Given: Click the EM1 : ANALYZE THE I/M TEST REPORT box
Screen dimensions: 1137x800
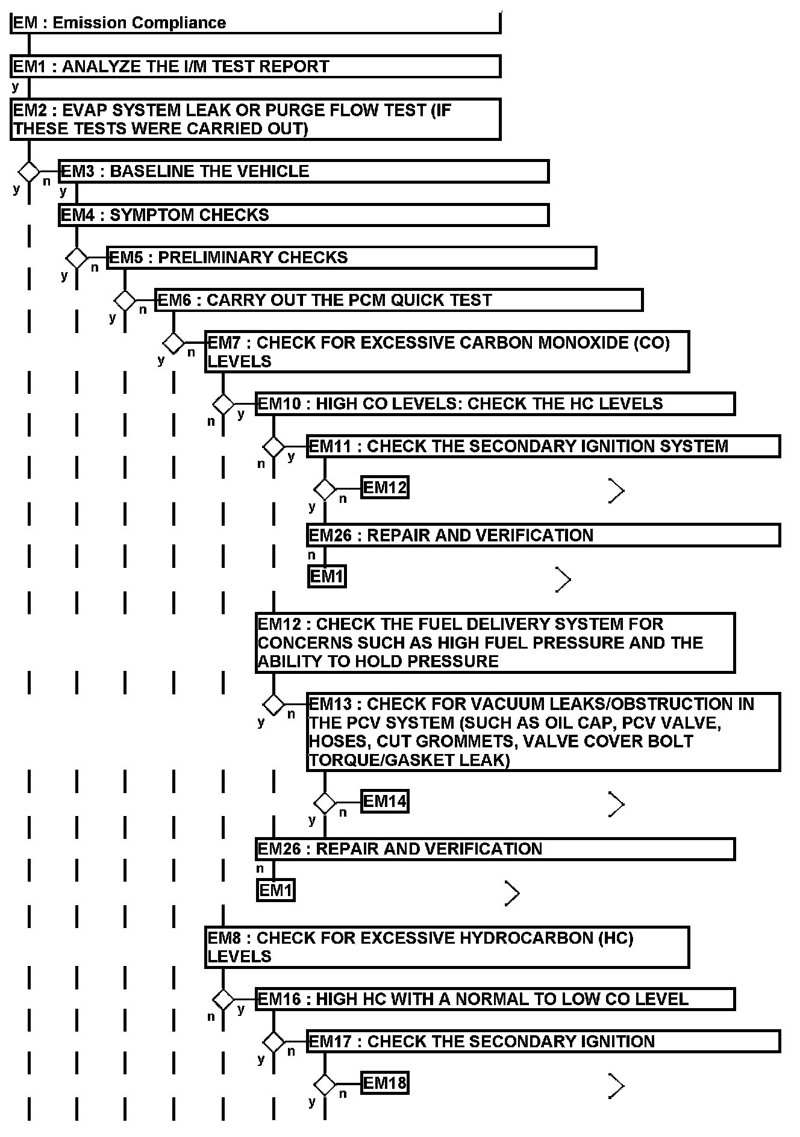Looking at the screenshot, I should pos(255,66).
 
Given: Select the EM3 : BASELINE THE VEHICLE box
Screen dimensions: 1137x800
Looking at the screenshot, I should pos(304,171).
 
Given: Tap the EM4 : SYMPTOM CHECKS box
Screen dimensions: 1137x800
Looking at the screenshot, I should pos(304,215).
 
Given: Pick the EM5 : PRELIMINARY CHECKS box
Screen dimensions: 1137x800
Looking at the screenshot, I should pos(352,258).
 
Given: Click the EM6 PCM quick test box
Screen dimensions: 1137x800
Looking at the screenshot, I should pos(399,300).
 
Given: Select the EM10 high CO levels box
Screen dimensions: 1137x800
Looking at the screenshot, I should pos(495,403).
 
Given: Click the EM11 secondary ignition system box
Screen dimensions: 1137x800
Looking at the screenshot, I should pos(543,446).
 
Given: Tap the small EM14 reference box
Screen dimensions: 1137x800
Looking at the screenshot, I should pos(385,802).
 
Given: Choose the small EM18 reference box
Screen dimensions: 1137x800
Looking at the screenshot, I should pos(385,1083).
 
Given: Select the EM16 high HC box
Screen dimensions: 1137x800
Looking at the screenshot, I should pos(495,999).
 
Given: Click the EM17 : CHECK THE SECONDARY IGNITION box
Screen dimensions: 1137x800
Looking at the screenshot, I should pos(543,1041).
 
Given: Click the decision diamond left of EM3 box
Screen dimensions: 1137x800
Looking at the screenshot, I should pos(29,172).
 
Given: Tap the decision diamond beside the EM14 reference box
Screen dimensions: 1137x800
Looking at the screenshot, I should pos(325,803).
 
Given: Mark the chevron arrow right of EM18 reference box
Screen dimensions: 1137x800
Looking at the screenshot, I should pos(616,1086).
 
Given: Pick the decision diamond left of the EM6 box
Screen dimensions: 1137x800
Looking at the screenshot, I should pos(125,300).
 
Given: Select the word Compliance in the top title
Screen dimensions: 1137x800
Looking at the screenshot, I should pos(178,23).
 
